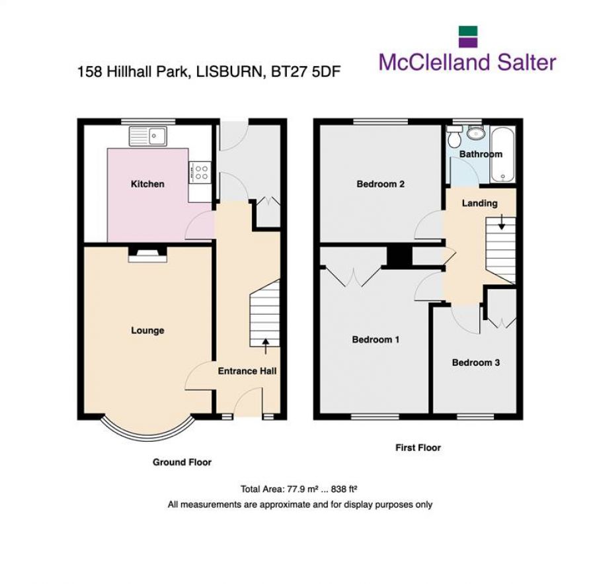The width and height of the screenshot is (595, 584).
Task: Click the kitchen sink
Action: [150, 136]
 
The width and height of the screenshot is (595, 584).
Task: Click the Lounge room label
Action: [147, 331]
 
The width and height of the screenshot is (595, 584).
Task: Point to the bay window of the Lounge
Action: [147, 432]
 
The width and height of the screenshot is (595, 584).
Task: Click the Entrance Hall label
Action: [247, 371]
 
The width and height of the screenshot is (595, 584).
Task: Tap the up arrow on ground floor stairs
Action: [266, 342]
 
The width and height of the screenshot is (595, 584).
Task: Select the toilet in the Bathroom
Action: [454, 138]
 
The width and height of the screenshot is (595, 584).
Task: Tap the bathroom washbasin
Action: [475, 134]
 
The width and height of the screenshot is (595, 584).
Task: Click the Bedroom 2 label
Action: [380, 184]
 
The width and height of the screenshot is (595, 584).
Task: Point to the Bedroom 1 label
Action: [376, 340]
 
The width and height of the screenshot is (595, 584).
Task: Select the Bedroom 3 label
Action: [475, 362]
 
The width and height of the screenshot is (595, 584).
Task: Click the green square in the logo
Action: [468, 31]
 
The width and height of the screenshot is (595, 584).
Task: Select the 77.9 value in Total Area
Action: [296, 489]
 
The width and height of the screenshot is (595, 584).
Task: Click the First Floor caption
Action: [418, 448]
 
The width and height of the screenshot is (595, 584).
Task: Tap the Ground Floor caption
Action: [182, 462]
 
